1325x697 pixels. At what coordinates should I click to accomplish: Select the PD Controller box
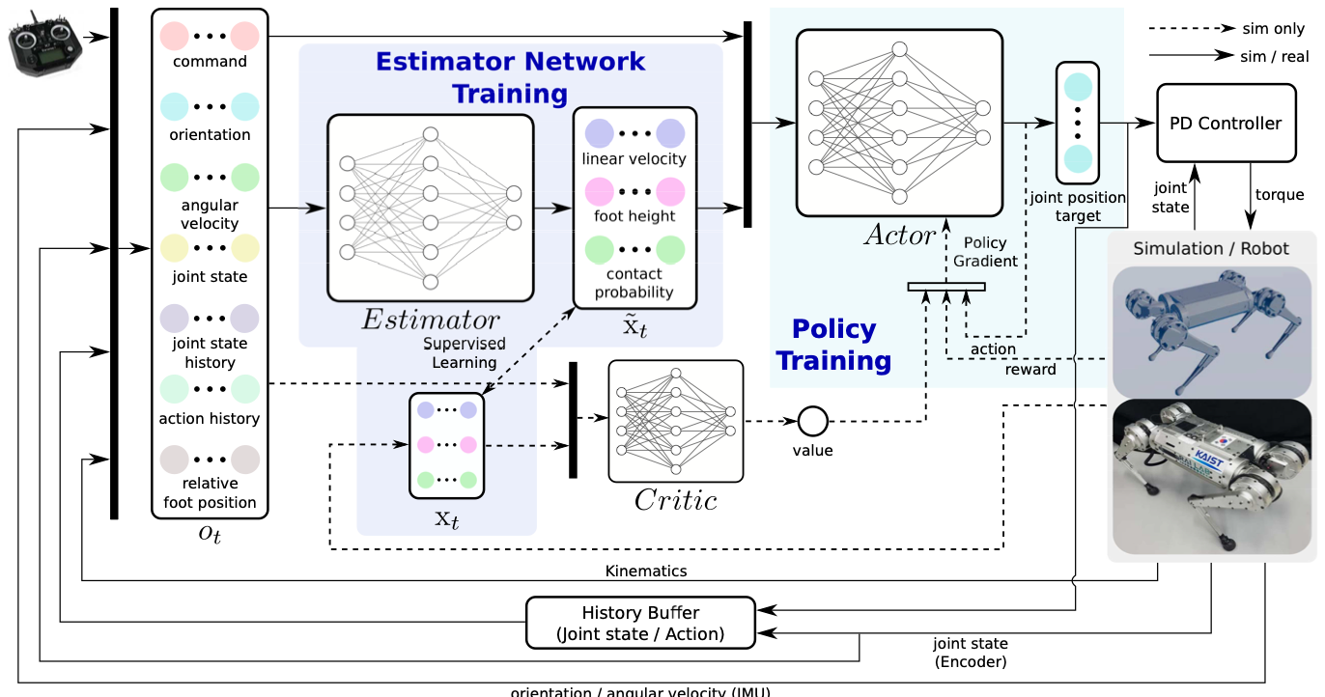click(x=1226, y=123)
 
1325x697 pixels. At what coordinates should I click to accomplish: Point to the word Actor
click(x=900, y=236)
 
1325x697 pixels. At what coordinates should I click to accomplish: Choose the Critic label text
click(x=675, y=500)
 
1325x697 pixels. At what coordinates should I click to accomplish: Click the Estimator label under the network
click(x=430, y=321)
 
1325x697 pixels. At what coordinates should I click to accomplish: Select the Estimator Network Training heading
click(x=510, y=77)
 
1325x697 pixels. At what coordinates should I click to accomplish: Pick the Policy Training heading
click(x=833, y=345)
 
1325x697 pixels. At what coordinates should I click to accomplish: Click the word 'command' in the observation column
click(x=210, y=62)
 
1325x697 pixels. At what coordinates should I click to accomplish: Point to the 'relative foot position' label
click(x=210, y=492)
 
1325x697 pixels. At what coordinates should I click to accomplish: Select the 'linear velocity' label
click(x=634, y=158)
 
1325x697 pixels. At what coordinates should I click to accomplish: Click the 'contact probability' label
click(x=634, y=283)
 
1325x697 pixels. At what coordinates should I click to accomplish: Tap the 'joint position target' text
click(x=1078, y=207)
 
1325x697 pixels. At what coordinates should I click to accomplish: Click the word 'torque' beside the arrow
click(x=1280, y=195)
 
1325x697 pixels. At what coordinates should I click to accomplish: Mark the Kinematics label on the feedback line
click(x=646, y=571)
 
